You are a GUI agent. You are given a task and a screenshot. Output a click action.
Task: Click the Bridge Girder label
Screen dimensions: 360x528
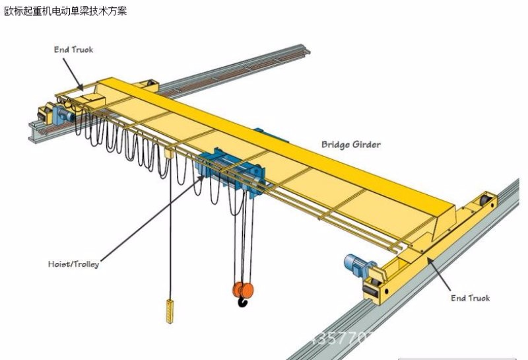[350, 144]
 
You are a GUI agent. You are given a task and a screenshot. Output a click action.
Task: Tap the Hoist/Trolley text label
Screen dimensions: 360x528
[73, 264]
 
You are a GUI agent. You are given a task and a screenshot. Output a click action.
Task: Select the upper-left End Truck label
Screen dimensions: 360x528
[73, 50]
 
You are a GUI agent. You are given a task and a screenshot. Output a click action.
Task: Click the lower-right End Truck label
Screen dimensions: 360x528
[470, 298]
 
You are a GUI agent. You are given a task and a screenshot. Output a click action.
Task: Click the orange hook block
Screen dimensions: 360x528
[243, 289]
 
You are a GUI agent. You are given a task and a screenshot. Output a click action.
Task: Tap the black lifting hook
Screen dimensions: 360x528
[242, 303]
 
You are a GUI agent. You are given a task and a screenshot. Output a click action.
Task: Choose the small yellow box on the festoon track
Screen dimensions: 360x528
[169, 153]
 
